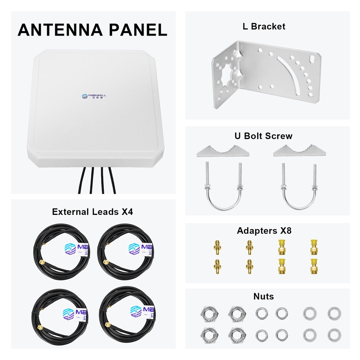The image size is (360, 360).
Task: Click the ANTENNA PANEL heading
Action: (x=92, y=30)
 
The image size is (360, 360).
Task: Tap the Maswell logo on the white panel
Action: (x=94, y=96)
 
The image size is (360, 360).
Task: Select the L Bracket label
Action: (x=263, y=26)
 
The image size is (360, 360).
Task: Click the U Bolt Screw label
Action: (x=263, y=136)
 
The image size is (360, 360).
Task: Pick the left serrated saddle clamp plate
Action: (x=223, y=151)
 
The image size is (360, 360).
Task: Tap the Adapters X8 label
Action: (x=264, y=231)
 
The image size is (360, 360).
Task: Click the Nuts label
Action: (x=264, y=296)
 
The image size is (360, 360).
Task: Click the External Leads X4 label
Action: (x=92, y=211)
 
